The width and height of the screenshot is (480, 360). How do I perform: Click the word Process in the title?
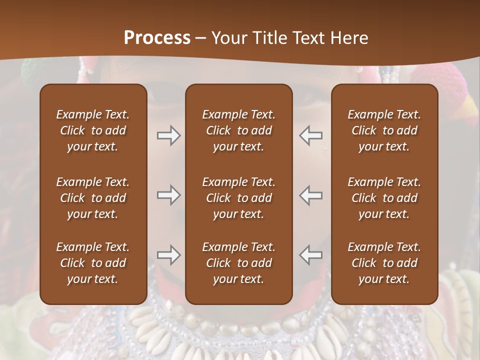157,37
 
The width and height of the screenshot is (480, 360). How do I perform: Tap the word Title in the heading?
269,37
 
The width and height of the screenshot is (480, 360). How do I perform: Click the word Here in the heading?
349,37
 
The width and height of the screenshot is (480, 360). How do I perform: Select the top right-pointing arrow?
168,135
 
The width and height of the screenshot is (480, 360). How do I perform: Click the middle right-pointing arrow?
168,195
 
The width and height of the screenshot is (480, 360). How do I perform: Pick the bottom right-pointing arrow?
168,255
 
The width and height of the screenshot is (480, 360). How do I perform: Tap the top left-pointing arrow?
311,135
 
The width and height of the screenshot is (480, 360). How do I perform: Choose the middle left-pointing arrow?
311,195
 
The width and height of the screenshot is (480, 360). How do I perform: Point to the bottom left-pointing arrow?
311,255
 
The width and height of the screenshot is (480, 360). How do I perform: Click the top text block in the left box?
93,130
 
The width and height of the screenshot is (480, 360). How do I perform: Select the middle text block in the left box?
93,198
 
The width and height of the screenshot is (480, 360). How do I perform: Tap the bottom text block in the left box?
93,263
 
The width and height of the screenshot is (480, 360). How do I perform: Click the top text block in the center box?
238,130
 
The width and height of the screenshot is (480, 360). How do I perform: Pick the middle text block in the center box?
238,198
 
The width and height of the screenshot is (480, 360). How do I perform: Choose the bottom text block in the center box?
238,263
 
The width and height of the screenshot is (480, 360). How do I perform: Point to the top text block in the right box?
384,130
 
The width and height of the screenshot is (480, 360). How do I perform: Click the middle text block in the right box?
384,198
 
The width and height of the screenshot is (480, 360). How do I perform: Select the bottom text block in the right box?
384,263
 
